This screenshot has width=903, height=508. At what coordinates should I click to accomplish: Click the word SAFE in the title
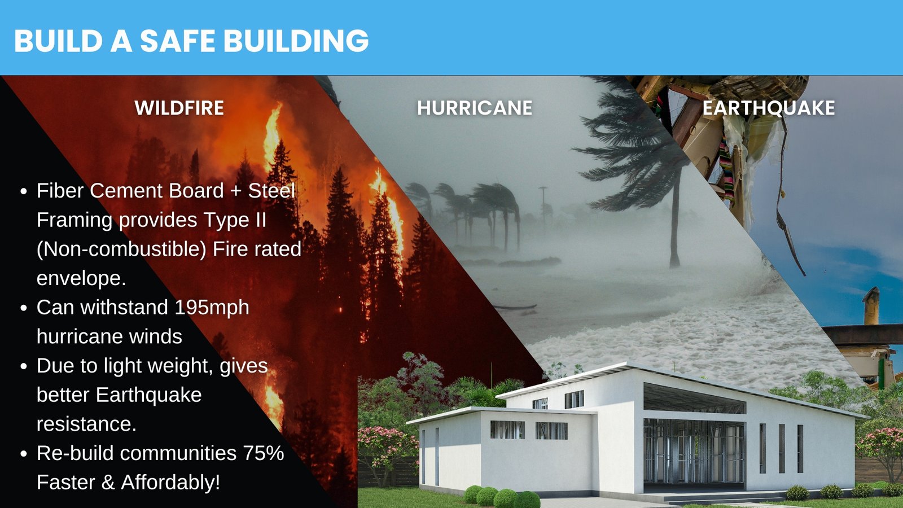pos(177,41)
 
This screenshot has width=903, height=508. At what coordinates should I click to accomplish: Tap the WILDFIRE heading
pos(179,108)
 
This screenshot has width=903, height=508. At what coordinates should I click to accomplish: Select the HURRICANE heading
pos(475,108)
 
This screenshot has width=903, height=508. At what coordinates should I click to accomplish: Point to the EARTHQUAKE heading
pos(769,108)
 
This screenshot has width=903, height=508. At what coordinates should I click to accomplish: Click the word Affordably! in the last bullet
pos(171,483)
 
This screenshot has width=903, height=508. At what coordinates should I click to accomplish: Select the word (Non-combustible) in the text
pos(121,249)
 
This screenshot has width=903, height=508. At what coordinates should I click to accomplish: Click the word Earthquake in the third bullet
pos(149,395)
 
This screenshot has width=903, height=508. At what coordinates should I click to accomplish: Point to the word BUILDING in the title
pos(296,41)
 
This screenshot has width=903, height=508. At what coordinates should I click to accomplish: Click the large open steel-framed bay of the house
pos(694,451)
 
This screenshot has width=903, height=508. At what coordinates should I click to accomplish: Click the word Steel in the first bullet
pos(271,191)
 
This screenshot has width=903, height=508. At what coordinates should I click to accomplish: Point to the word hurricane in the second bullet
pos(109,337)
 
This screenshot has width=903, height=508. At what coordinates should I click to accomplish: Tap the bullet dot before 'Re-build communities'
pos(23,454)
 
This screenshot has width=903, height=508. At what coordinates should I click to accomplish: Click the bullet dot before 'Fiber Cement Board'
pos(23,191)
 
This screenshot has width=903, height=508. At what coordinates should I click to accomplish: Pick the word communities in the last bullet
pos(178,453)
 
